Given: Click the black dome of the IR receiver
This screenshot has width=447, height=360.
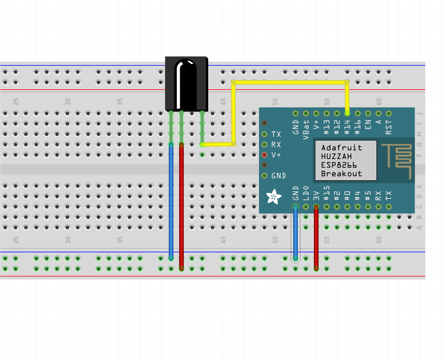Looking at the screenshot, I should pos(186,84).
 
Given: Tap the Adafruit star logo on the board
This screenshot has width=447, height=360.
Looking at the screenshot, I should pos(274,197).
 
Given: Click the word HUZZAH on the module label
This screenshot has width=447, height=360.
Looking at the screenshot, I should pos(336,156).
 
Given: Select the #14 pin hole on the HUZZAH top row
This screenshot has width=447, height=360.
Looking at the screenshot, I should pos(347,113).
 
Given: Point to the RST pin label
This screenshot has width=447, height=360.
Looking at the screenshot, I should pos(389,128).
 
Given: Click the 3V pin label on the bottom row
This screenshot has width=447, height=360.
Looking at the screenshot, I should pos(316,196).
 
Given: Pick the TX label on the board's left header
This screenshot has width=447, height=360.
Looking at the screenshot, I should pos(276,134).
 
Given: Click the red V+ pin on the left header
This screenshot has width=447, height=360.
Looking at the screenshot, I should pos(264,155).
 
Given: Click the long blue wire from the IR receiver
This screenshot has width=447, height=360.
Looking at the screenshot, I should pos(171,202).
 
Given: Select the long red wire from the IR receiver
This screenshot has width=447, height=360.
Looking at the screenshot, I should pos(181,202).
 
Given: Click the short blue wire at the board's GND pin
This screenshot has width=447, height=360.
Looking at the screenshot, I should pos(296,233).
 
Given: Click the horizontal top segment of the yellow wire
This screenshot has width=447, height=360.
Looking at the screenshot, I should pos(288,82).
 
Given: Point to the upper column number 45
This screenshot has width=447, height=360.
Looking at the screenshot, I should pos(223,102).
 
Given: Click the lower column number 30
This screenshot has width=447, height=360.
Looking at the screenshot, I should pos(68,240).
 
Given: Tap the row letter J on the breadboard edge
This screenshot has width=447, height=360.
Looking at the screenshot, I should pos(420,114).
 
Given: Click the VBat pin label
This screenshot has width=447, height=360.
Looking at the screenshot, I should pos(306,130).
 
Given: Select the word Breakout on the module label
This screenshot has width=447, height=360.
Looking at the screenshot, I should pos(341,174).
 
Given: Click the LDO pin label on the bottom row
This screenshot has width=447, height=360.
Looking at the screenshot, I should pos(306,193).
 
